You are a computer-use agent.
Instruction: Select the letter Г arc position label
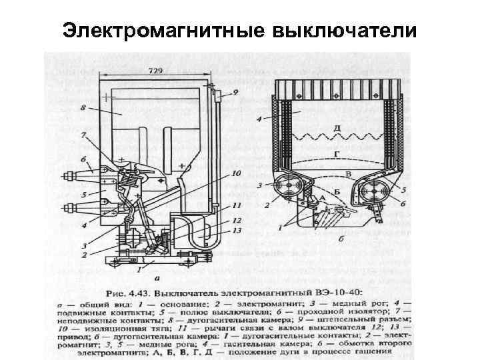[341, 153]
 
